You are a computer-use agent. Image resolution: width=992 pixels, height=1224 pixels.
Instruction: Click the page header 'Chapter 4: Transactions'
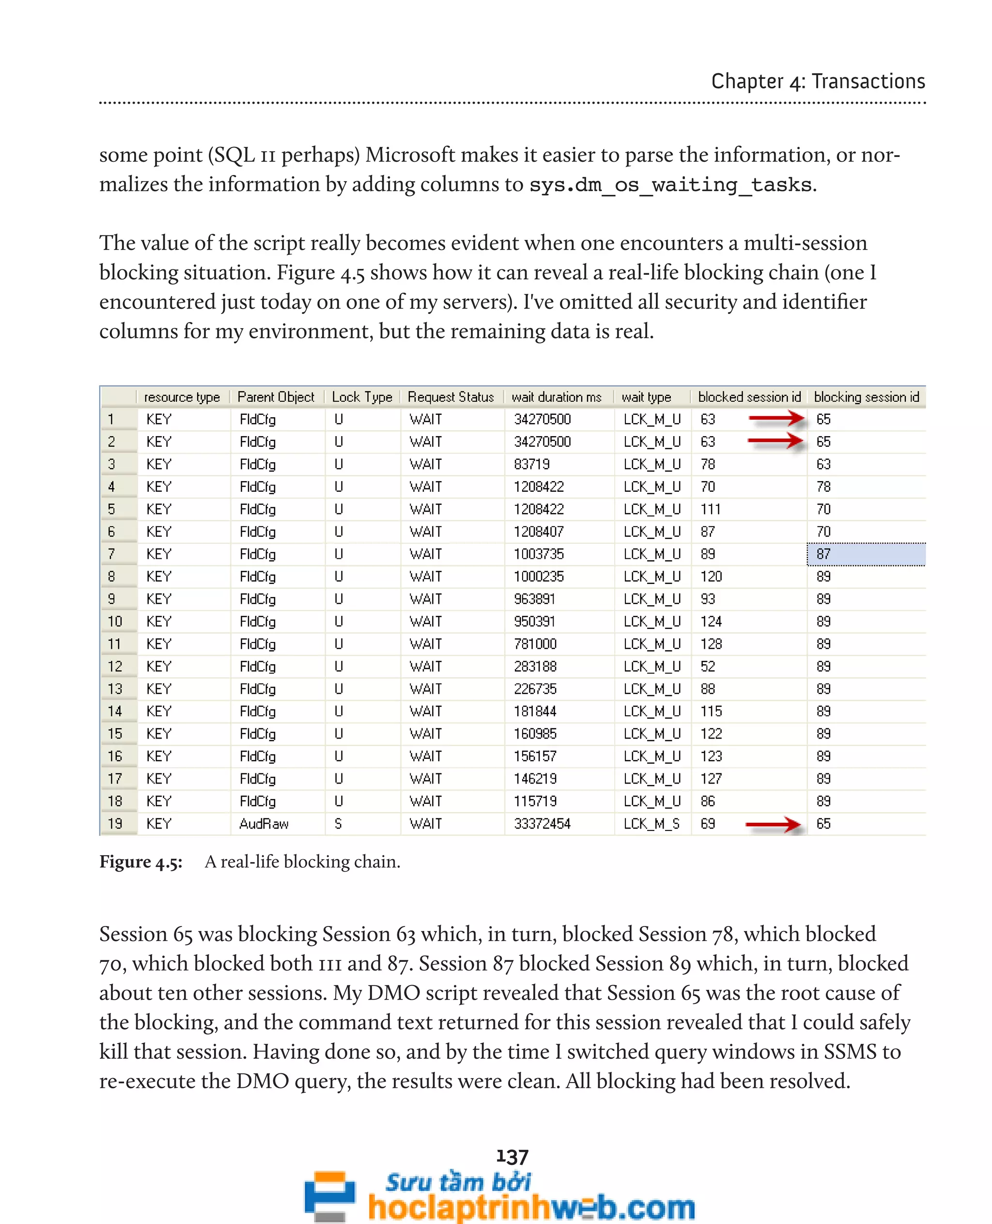pos(817,81)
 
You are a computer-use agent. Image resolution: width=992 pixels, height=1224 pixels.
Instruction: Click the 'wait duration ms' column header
pos(556,397)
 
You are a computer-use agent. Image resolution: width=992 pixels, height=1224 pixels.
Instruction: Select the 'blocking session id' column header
pos(866,397)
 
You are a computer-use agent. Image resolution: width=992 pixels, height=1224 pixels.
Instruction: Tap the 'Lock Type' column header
pos(362,397)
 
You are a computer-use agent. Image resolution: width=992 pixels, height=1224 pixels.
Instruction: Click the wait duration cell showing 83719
pos(531,464)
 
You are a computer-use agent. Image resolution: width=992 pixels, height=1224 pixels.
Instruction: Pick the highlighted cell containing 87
pos(865,554)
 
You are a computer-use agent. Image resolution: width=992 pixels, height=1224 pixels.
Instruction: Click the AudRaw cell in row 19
pos(263,824)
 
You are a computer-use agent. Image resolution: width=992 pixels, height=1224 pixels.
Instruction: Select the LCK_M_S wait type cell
pos(651,824)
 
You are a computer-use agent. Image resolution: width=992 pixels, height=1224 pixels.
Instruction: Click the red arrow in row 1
pos(776,419)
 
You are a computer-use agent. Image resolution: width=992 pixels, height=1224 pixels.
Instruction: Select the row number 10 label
pos(115,621)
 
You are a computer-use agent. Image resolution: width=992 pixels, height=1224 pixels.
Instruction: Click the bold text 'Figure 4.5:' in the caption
pos(140,862)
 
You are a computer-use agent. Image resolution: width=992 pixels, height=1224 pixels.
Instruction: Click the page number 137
pos(512,1157)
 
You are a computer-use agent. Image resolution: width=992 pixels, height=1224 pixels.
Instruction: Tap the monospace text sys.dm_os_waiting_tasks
pos(671,185)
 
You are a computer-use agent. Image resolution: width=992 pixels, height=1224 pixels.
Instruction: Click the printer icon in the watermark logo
pos(329,1194)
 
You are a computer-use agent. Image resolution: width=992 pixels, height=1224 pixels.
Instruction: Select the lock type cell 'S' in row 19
pos(338,824)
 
